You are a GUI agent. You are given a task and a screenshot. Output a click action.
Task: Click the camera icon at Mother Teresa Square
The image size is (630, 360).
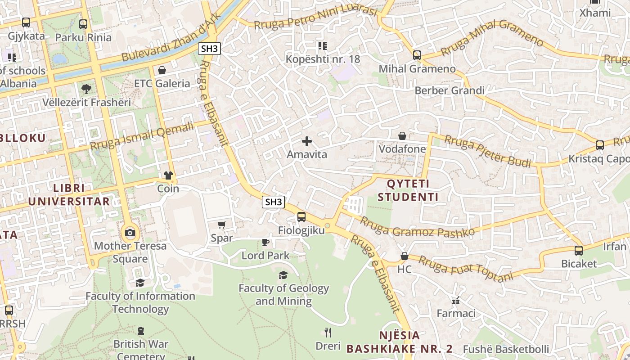tap(130, 233)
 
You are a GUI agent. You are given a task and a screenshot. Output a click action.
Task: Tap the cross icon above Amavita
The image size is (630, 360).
tap(307, 141)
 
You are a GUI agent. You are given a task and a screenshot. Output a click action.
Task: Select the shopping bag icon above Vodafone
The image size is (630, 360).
tap(402, 136)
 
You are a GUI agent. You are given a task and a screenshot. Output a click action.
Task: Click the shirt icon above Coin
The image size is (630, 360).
tap(168, 175)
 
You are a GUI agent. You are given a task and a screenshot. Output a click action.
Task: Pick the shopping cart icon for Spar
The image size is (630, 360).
tap(221, 225)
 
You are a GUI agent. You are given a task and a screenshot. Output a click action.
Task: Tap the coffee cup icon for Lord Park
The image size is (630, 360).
tap(265, 243)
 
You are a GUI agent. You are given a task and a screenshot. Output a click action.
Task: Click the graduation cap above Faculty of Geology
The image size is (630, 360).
tap(283, 275)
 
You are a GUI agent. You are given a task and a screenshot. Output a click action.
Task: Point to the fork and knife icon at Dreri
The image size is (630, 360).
tap(328, 333)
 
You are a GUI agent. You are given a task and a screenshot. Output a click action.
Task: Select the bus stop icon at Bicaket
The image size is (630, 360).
tap(579, 251)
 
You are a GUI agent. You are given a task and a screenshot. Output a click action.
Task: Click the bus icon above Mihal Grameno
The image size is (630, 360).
tap(417, 55)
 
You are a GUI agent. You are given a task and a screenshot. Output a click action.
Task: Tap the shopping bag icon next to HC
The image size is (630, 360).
tap(405, 256)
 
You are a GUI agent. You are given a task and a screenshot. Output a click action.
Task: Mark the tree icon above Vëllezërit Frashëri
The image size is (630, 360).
tap(86, 89)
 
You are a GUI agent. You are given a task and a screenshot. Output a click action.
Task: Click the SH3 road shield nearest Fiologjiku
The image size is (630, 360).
tap(274, 202)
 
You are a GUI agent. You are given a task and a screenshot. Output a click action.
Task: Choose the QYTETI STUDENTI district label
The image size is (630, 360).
tap(408, 190)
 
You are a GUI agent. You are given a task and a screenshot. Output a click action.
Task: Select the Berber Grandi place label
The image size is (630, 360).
tap(450, 90)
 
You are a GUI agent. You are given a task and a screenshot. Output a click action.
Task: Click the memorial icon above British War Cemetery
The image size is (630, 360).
tap(141, 331)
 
